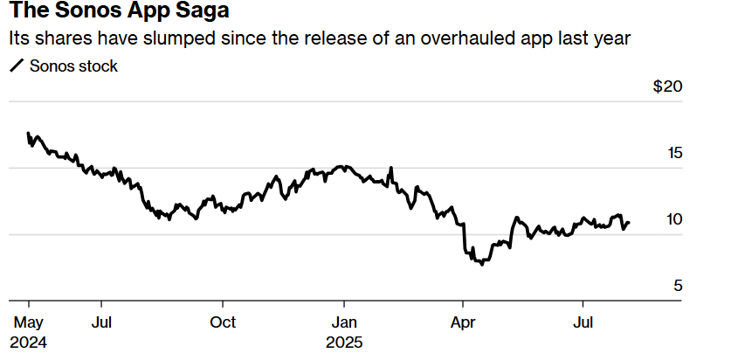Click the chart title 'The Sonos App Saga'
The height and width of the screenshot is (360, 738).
point(120,14)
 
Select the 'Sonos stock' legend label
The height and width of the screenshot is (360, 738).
point(73,66)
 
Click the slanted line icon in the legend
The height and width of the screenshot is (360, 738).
point(17,66)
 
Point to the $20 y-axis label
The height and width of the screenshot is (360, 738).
point(668,87)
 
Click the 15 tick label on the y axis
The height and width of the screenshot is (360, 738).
point(674,154)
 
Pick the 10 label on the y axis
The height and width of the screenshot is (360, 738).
point(674,219)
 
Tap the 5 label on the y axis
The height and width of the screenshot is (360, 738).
point(678,286)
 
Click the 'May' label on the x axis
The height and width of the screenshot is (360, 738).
point(28,322)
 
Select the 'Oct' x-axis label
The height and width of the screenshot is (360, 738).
point(224,322)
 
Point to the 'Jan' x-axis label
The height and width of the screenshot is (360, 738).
point(345,322)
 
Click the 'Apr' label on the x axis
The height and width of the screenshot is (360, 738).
point(463,322)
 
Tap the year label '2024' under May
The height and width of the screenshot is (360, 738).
point(30,342)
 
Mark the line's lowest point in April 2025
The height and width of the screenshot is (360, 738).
point(482,264)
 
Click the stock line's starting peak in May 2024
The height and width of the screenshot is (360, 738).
point(29,133)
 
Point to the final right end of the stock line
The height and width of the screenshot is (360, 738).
point(629,223)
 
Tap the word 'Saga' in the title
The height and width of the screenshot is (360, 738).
point(206,14)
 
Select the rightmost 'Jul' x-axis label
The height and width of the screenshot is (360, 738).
point(583,322)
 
